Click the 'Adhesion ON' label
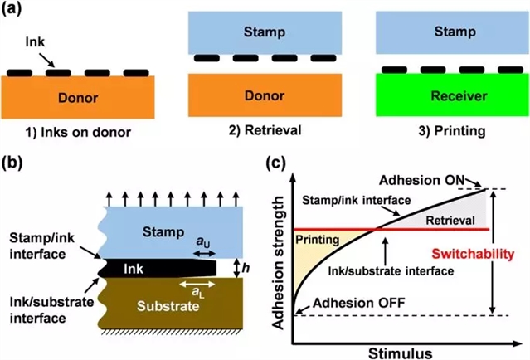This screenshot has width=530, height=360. pyautogui.click(x=424, y=180)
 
